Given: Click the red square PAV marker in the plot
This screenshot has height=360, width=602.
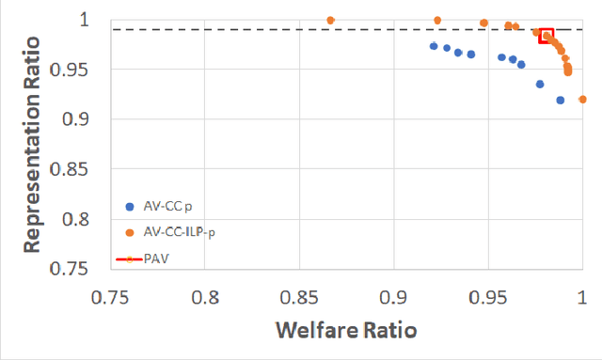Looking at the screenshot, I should pyautogui.click(x=547, y=36).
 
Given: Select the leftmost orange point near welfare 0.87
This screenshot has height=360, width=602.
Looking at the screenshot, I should pyautogui.click(x=330, y=20).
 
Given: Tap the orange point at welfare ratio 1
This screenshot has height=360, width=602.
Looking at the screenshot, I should pyautogui.click(x=583, y=99).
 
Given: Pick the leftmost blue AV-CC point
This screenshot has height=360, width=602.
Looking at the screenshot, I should pyautogui.click(x=434, y=46).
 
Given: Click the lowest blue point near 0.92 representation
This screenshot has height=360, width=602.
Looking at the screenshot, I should pyautogui.click(x=561, y=100).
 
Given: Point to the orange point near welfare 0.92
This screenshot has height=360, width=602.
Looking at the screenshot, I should pyautogui.click(x=437, y=20).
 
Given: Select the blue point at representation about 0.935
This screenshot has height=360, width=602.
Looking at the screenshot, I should pyautogui.click(x=540, y=84).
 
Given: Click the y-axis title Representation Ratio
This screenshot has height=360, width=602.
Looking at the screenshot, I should pyautogui.click(x=31, y=143).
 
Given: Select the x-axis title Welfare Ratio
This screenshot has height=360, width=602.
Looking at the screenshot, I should pyautogui.click(x=345, y=331).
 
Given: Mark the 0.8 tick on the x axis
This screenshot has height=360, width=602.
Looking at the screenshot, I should pyautogui.click(x=205, y=296).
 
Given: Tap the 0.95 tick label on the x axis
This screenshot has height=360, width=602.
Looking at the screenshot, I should pyautogui.click(x=488, y=296).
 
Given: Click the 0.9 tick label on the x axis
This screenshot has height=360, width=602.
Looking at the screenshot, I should pyautogui.click(x=394, y=296).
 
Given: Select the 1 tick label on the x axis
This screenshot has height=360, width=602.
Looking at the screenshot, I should pyautogui.click(x=582, y=296).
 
